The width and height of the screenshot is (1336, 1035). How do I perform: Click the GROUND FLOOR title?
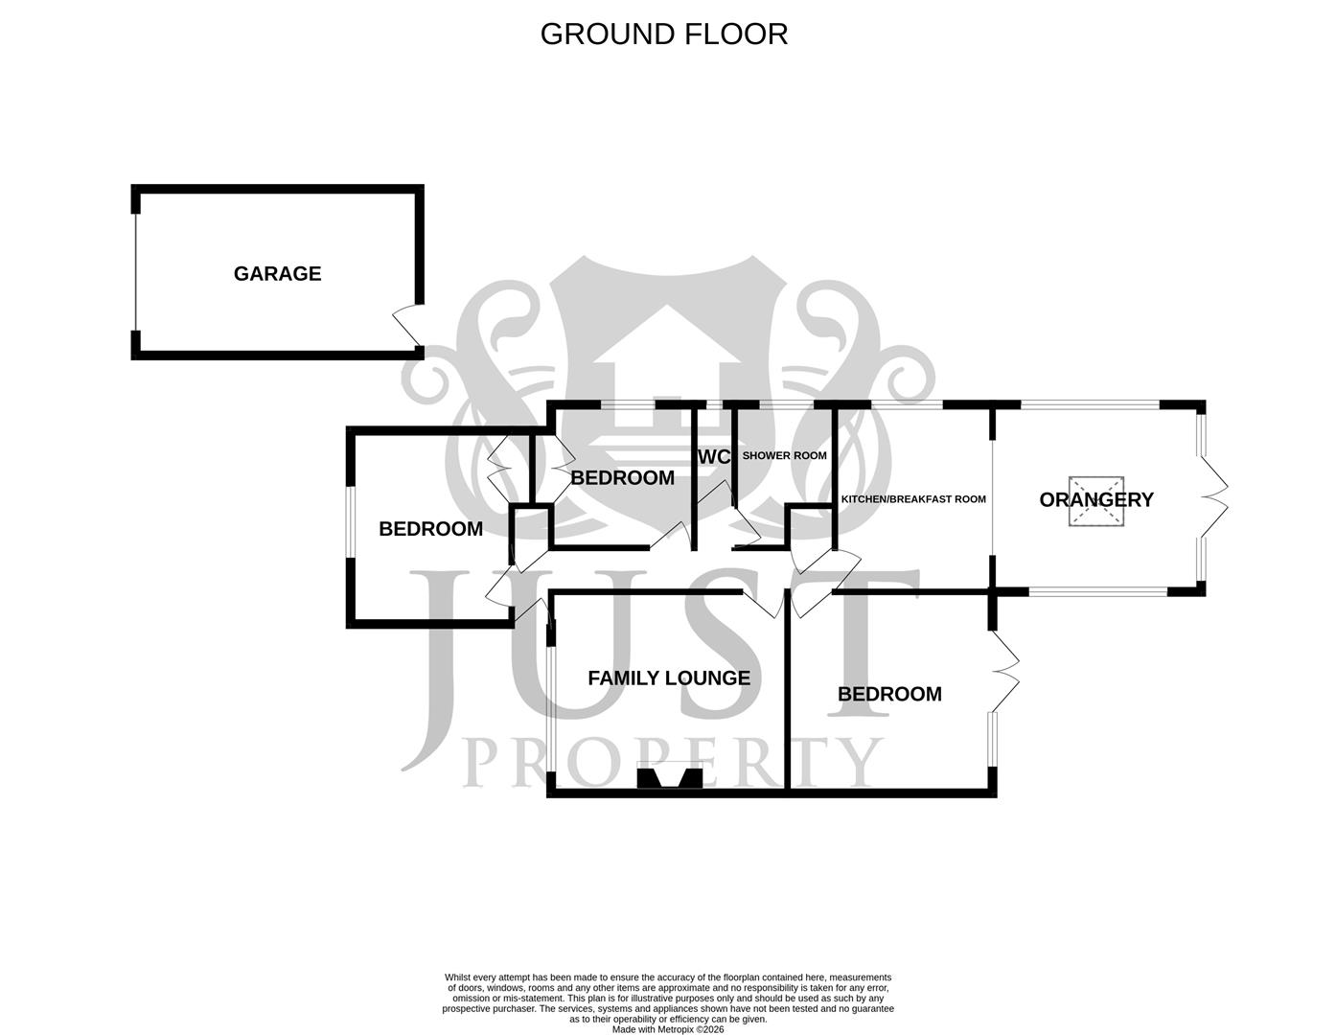(663, 34)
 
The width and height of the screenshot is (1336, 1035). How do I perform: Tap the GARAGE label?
(277, 274)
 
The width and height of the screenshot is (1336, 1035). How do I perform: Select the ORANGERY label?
(1095, 499)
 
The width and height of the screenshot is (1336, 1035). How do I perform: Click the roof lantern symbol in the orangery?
(1095, 501)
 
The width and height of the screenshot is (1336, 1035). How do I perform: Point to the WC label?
(714, 457)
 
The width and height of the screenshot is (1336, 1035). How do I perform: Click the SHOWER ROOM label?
(784, 456)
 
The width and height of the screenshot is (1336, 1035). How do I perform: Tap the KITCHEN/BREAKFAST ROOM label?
(912, 499)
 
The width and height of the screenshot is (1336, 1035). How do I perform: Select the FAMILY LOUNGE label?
(668, 678)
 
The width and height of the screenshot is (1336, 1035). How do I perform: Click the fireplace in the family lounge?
(670, 776)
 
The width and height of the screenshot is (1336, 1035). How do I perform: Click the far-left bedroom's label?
(430, 529)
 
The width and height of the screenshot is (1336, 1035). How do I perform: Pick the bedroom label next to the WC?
(622, 478)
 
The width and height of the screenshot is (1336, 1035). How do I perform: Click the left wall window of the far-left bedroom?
(351, 522)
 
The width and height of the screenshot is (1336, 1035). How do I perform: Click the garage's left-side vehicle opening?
(136, 272)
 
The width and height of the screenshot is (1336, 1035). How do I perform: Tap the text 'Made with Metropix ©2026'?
(668, 1030)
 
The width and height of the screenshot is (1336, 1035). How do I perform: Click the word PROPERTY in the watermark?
(671, 763)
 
